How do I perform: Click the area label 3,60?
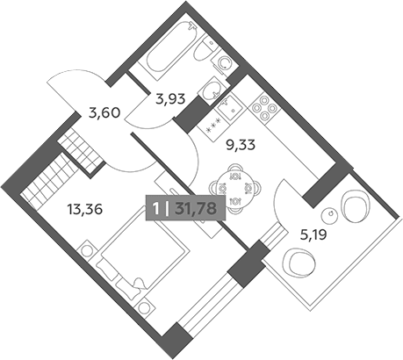tap(104, 112)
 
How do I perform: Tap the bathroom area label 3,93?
tap(170, 99)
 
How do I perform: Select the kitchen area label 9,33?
tap(241, 145)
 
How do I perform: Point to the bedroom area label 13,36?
tap(85, 209)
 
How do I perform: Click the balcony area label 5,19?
tap(313, 234)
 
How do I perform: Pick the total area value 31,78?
tap(196, 209)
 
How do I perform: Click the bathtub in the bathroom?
tap(169, 52)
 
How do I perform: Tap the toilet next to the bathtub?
tap(205, 50)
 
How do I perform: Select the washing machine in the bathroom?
tap(225, 62)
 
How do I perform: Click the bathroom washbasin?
tap(212, 90)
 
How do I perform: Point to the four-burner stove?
tap(264, 109)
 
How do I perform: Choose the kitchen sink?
tap(230, 109)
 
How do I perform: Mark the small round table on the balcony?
tap(331, 216)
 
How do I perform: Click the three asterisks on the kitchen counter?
tap(213, 129)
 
